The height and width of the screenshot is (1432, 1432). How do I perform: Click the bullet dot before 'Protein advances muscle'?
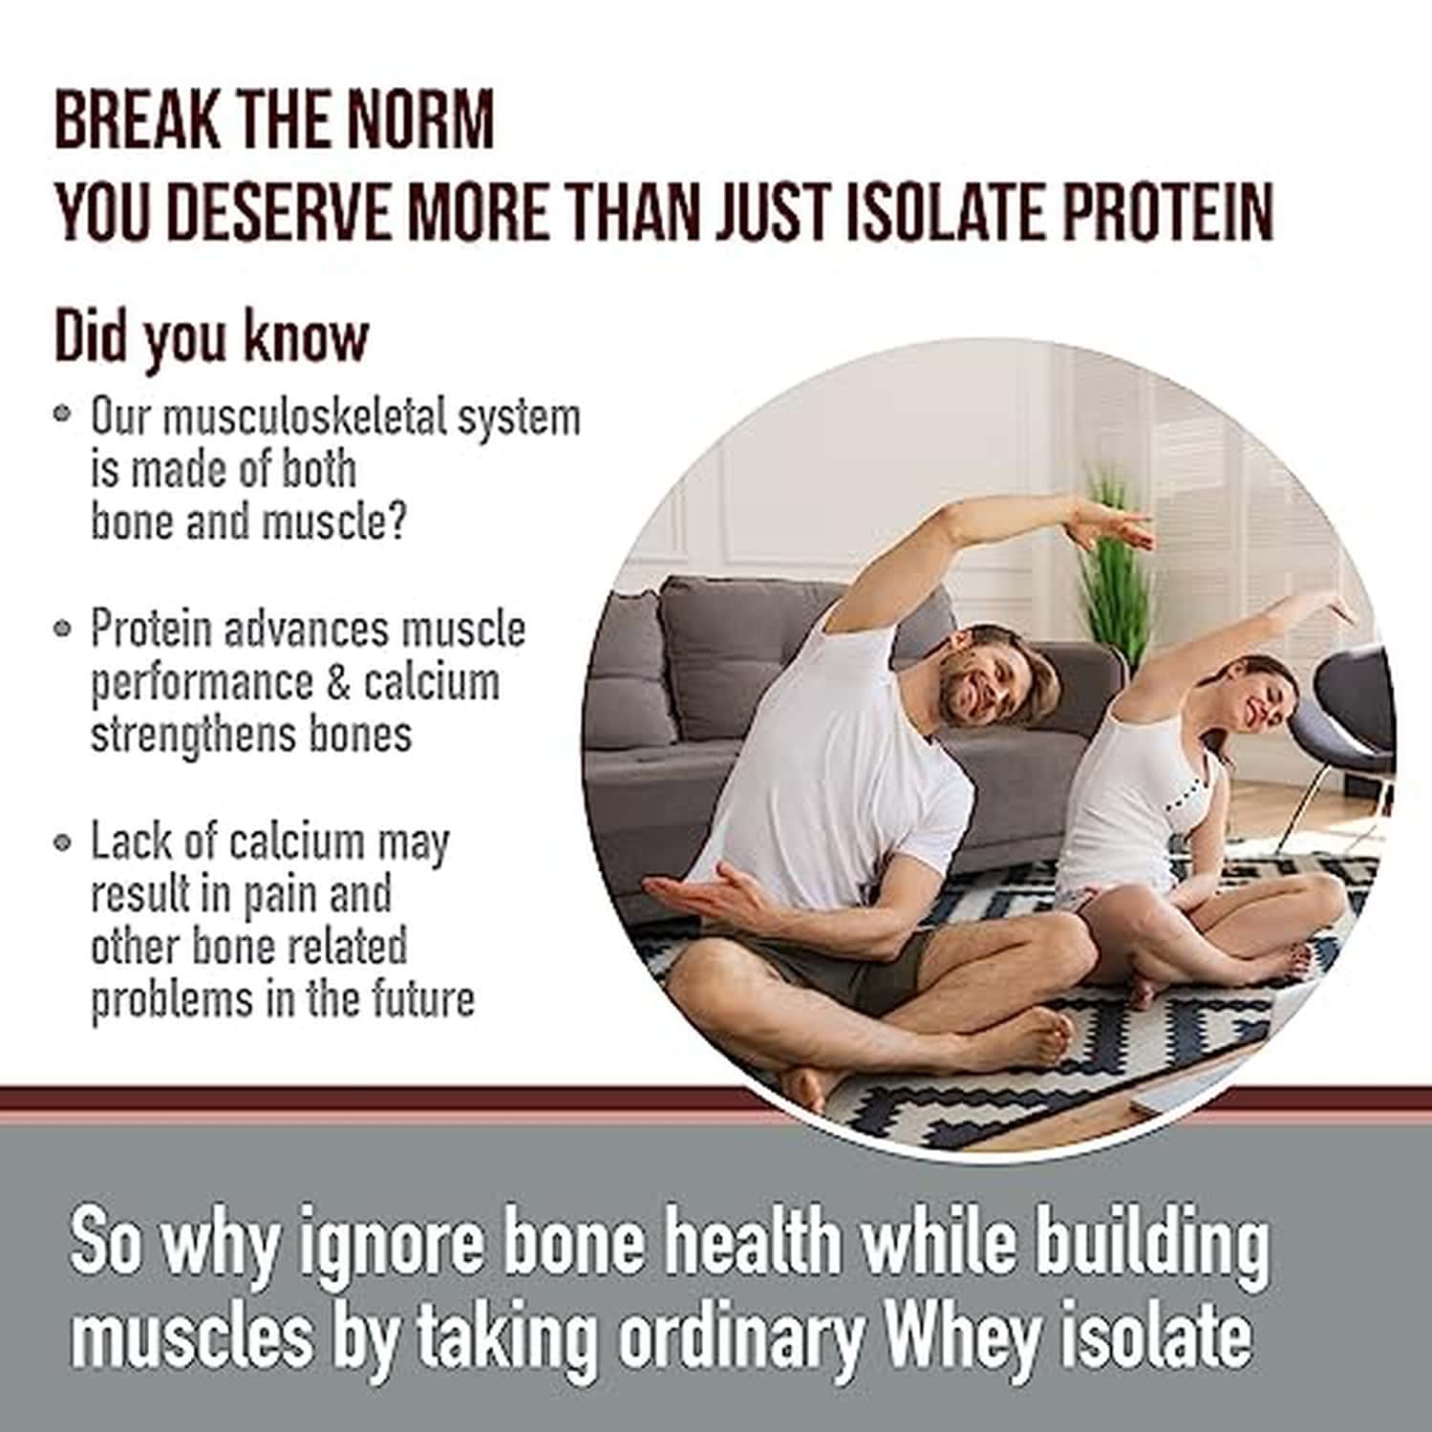[x=63, y=628]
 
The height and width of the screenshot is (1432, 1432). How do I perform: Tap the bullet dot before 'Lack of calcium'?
[x=63, y=843]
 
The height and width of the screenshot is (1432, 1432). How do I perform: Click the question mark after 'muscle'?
[x=396, y=524]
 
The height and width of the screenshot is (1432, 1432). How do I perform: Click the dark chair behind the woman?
[x=1352, y=712]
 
